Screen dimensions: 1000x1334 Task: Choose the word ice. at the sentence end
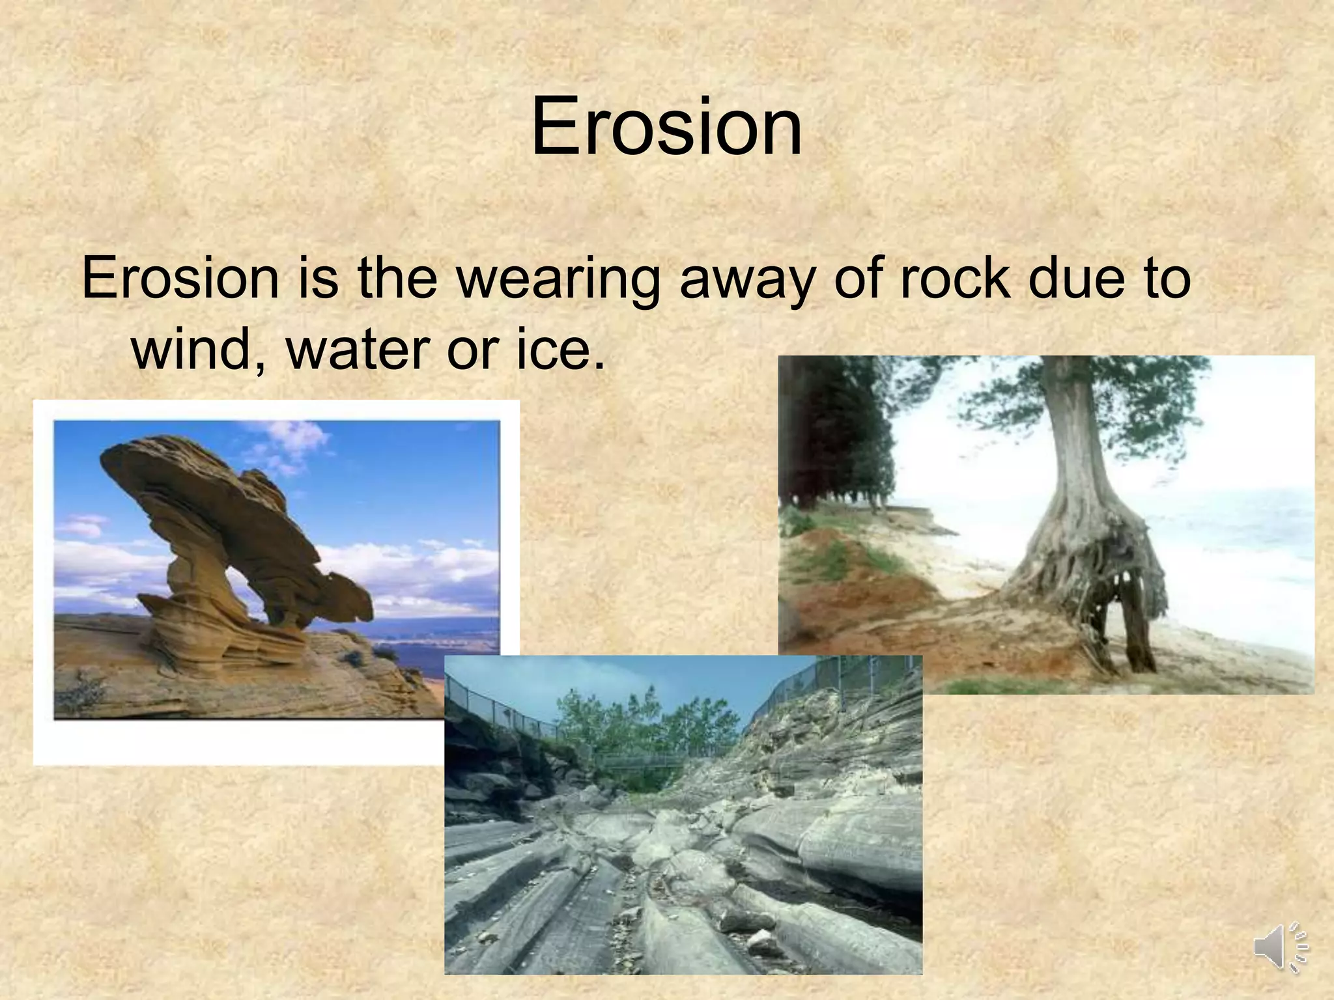tap(560, 350)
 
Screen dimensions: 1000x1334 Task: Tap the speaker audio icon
tap(1281, 947)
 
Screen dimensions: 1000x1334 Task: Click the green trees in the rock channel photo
tap(625, 723)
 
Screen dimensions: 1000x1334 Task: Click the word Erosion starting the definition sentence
tap(180, 279)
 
